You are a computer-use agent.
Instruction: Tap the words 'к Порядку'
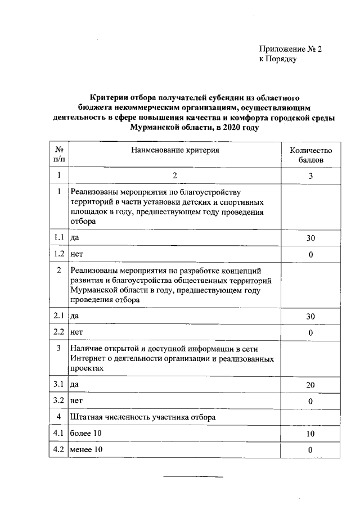click(277, 58)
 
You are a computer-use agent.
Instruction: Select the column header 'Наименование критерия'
click(175, 150)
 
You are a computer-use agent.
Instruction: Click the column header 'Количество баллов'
click(310, 155)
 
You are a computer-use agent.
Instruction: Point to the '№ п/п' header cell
click(58, 155)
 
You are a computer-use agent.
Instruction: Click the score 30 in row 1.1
click(310, 238)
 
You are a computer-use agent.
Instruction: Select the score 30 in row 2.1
click(310, 317)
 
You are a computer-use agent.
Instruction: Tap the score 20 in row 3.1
click(310, 385)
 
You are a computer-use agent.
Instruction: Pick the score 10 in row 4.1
click(310, 434)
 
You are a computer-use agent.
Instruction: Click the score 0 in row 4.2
click(310, 450)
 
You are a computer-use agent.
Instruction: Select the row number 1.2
click(58, 254)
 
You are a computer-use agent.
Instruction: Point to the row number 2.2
click(58, 332)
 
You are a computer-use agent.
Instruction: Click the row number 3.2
click(58, 401)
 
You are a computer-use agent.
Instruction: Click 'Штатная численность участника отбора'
click(143, 417)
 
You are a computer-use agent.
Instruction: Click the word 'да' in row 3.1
click(74, 385)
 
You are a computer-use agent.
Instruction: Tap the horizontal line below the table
click(193, 477)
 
